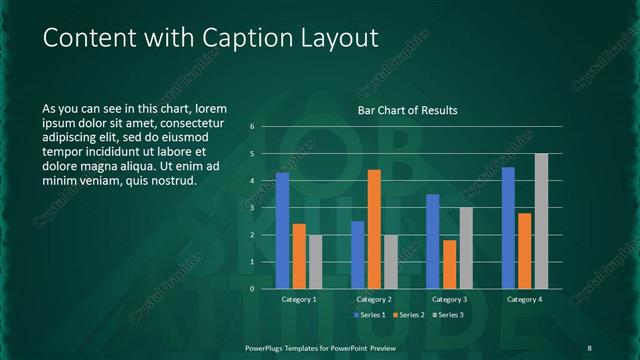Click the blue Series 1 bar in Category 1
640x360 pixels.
282,231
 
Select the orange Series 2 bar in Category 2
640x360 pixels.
374,229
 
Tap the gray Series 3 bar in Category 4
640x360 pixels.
541,221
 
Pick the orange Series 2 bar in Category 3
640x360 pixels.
449,264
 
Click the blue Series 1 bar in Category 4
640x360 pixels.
508,228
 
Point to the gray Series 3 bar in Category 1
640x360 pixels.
316,262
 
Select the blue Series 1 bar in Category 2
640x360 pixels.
358,255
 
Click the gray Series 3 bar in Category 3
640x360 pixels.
466,248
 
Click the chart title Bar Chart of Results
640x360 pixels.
408,110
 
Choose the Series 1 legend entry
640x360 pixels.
369,315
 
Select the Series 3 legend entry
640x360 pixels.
447,315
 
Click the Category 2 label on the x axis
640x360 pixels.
374,299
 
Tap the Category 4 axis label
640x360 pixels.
524,299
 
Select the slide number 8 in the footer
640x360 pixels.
589,347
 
